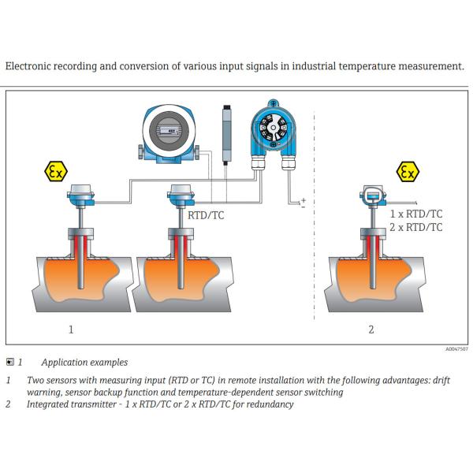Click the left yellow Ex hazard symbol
[x=57, y=172]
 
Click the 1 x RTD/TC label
[x=417, y=214]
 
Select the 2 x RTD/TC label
[x=417, y=227]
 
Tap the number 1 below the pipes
[x=71, y=330]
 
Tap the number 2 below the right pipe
[x=371, y=330]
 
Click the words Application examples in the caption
[x=84, y=363]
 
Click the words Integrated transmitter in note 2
[x=70, y=404]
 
